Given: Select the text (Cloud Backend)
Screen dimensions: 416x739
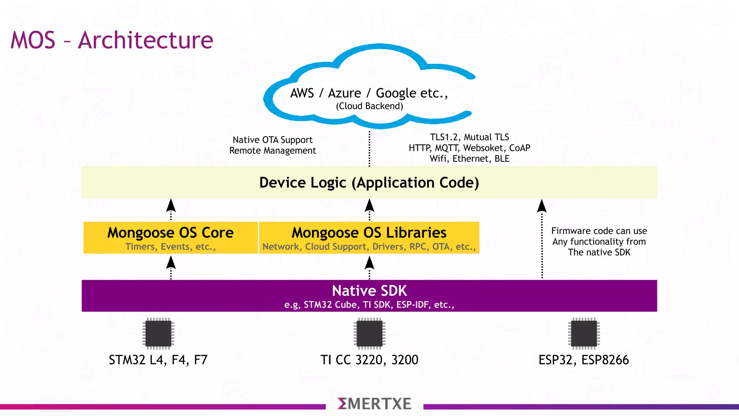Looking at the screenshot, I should point(369,106).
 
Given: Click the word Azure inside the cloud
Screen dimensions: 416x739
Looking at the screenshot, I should point(344,93).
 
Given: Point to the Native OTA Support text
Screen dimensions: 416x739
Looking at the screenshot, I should point(272,140).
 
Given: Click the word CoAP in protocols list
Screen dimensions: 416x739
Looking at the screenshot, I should point(520,148).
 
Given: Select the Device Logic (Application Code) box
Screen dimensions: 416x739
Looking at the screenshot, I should point(369,182).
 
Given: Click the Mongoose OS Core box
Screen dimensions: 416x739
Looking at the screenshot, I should point(170,238).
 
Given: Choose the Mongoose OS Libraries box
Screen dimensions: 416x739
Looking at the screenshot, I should point(369,238).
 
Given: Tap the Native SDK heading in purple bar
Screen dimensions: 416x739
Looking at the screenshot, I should point(369,291).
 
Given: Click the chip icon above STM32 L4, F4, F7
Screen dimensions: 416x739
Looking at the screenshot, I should point(158,333).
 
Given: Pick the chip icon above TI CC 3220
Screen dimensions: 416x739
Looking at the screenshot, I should point(369,333).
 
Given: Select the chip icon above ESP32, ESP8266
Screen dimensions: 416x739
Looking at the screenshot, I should point(583,333).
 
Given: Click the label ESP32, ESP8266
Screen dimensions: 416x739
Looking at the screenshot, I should point(583,360).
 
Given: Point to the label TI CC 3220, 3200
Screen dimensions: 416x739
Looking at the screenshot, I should point(369,360).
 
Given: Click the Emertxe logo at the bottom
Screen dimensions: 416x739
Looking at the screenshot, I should point(374,404).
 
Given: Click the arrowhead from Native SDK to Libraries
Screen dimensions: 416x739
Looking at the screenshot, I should point(369,263).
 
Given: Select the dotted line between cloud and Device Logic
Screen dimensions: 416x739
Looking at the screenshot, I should point(369,148).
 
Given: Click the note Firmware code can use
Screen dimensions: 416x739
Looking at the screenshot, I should point(599,231).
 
